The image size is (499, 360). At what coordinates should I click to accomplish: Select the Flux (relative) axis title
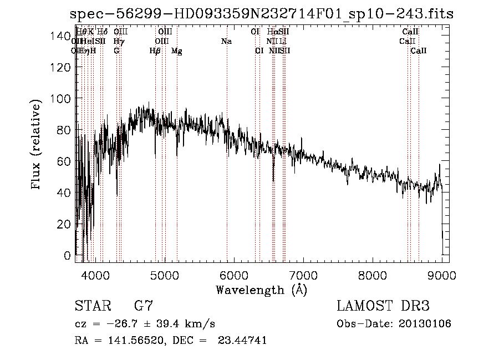pyautogui.click(x=37, y=146)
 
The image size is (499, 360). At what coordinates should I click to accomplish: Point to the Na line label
pyautogui.click(x=226, y=41)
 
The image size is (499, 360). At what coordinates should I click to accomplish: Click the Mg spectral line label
pyautogui.click(x=176, y=51)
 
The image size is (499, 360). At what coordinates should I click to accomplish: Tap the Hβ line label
pyautogui.click(x=155, y=51)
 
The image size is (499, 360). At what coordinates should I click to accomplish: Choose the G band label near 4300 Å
pyautogui.click(x=116, y=50)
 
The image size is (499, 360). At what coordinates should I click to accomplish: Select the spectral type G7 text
pyautogui.click(x=143, y=306)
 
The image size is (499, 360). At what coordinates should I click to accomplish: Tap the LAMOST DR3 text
pyautogui.click(x=383, y=306)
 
